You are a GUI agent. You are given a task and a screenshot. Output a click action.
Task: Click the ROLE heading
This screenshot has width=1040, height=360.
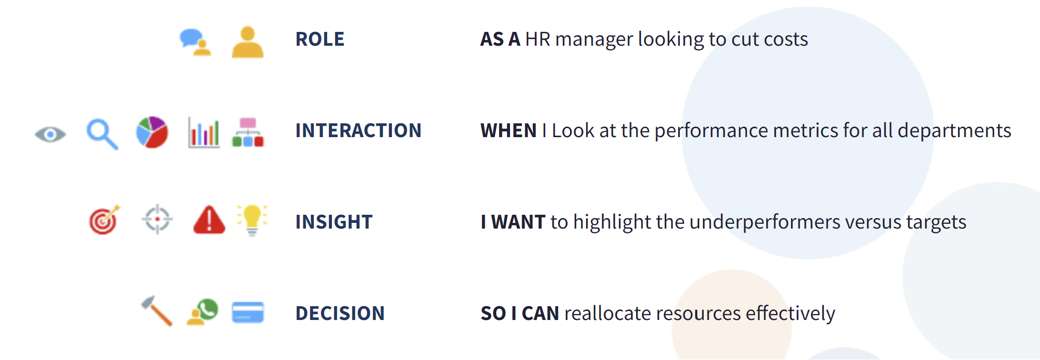point(320,39)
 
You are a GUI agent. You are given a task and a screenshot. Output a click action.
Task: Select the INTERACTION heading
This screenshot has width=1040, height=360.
point(358,130)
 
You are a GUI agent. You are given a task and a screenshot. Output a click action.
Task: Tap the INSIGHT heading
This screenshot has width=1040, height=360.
point(334,222)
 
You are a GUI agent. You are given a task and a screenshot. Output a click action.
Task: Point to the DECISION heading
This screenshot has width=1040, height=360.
point(340,313)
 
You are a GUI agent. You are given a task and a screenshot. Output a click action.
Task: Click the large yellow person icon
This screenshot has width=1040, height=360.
point(248,42)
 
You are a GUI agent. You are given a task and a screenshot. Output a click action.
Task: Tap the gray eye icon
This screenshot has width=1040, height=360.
point(50,134)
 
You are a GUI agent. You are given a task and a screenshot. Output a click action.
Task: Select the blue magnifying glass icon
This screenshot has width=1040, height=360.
point(102,134)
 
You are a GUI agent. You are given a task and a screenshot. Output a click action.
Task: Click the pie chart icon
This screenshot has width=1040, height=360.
point(152,132)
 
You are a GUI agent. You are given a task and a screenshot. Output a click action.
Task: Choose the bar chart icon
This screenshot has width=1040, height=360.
point(204,132)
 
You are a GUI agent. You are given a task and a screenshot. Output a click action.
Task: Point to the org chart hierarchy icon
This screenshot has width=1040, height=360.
point(248,132)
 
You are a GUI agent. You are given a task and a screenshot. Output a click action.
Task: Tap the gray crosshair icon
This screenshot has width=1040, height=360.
point(157,220)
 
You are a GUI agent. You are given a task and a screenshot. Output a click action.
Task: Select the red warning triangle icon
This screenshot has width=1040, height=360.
point(209,220)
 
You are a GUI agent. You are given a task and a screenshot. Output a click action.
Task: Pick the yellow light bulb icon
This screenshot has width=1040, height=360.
point(252,220)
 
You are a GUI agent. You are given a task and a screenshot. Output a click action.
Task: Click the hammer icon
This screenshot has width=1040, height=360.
point(157,311)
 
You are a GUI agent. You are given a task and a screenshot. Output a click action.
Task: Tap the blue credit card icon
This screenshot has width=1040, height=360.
point(248,312)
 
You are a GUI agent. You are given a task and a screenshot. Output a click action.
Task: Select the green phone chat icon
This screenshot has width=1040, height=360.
point(202,312)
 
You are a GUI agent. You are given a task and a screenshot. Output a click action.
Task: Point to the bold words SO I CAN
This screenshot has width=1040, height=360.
point(520,313)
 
